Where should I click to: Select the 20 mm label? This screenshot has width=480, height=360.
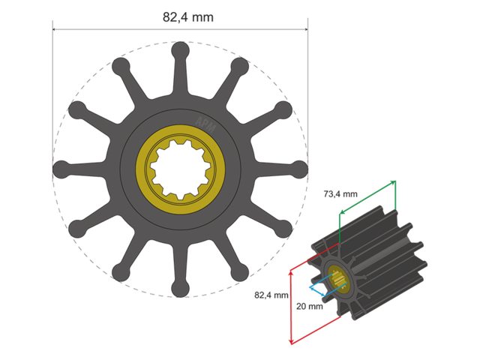[309, 306]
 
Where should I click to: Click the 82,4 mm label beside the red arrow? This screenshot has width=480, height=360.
[271, 295]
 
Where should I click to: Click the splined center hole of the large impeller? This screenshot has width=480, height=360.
[180, 168]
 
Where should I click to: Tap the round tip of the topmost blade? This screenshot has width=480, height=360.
[180, 50]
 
